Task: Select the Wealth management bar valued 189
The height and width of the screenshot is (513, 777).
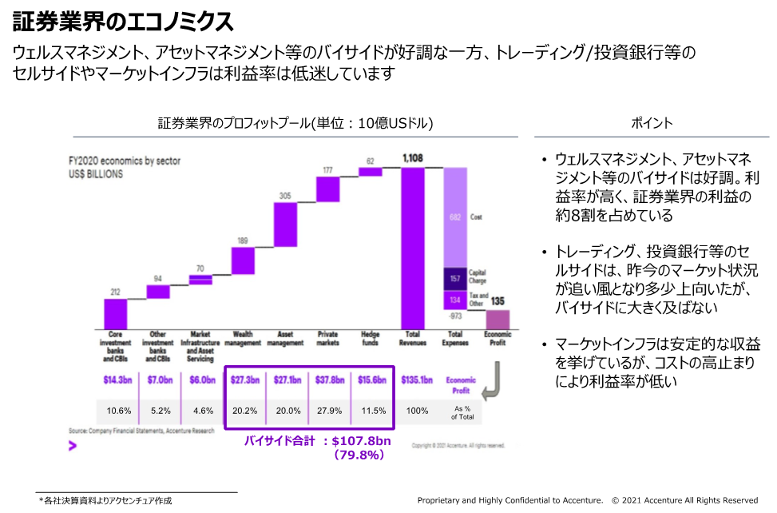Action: tap(243, 260)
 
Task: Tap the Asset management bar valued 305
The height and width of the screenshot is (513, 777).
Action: tap(285, 225)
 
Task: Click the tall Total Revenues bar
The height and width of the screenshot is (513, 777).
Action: tap(413, 247)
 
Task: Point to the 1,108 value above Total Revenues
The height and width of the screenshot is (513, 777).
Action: tap(413, 158)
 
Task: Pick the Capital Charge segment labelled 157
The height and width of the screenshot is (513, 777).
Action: tap(456, 279)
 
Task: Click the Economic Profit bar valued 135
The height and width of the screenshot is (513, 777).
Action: tap(498, 319)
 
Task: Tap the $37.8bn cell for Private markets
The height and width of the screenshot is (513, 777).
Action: tap(328, 380)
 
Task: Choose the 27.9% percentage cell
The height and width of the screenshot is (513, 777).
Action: tap(328, 411)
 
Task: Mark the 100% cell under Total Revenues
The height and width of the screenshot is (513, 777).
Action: tap(417, 411)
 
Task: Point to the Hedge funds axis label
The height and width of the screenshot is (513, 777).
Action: tap(371, 338)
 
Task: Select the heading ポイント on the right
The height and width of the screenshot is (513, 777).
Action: tap(652, 123)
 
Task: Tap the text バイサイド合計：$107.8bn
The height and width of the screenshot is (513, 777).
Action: tap(317, 440)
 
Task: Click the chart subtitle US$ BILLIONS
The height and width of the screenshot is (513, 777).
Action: tap(96, 173)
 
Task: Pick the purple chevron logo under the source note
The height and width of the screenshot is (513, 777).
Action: tap(73, 446)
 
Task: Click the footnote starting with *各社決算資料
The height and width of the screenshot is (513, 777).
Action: tap(105, 501)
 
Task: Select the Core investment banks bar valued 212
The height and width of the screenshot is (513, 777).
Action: tap(116, 312)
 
